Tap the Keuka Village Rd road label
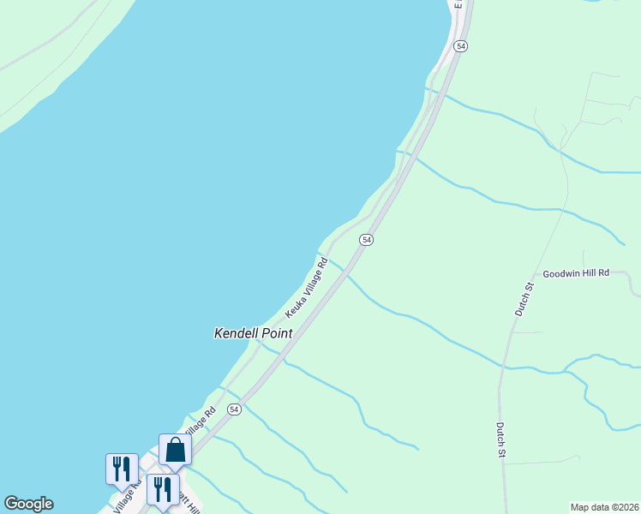point(308,289)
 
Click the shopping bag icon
point(175,449)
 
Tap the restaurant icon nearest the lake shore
point(122,469)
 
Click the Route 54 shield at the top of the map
point(460,46)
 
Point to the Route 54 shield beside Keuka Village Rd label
point(366,240)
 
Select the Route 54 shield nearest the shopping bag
point(234,410)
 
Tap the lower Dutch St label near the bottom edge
point(500,439)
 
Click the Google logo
point(28,504)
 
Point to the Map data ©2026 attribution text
point(604,507)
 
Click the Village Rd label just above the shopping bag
point(198,423)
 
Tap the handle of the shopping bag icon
point(175,442)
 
